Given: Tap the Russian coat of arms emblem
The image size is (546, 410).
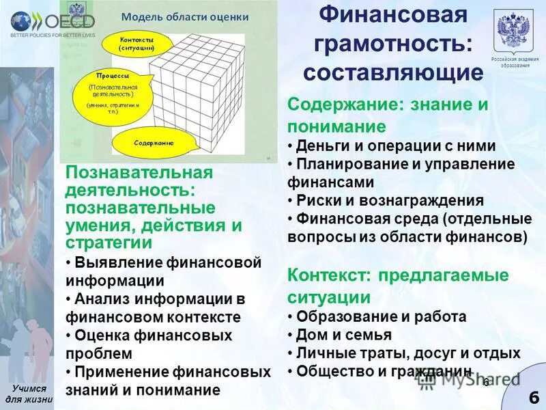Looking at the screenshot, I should [x=515, y=31].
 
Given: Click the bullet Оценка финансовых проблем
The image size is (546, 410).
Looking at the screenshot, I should [x=149, y=344].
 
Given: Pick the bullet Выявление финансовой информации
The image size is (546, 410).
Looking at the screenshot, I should [x=164, y=271].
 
